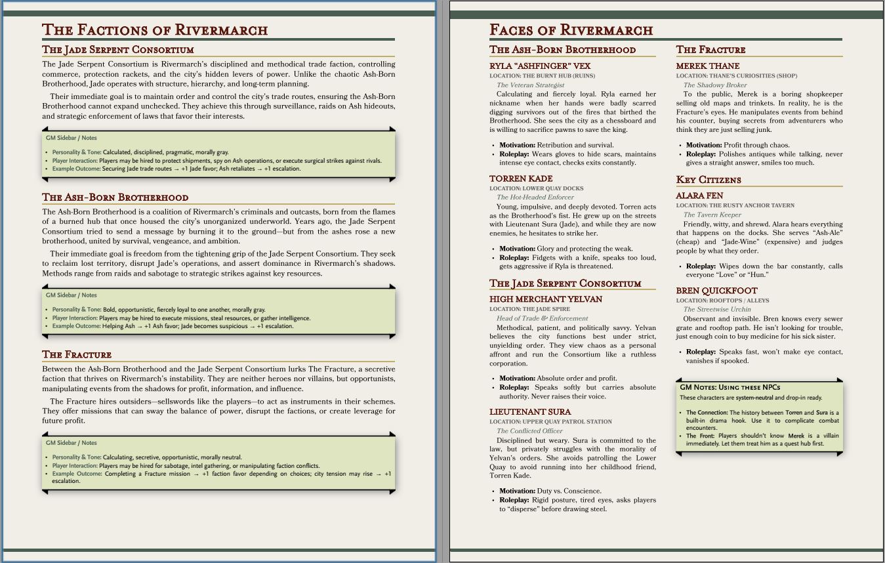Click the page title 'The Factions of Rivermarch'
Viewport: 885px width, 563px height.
(155, 30)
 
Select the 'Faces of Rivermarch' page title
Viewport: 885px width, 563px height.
(571, 30)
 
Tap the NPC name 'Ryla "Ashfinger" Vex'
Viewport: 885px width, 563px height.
(540, 66)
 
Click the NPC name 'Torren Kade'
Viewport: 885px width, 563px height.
(521, 178)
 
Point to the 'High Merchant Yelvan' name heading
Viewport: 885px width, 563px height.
(546, 299)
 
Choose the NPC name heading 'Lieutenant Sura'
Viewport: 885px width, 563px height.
(530, 412)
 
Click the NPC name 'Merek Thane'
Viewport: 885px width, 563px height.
(708, 66)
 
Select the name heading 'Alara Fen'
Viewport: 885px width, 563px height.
(699, 196)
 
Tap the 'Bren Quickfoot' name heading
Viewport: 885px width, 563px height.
(716, 291)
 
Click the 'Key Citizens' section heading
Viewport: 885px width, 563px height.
(709, 180)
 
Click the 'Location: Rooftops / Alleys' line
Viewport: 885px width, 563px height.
(714, 301)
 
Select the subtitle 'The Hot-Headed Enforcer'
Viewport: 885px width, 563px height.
(535, 197)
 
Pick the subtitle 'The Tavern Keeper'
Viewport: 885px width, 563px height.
(712, 215)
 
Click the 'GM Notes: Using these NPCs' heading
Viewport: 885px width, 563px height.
(730, 387)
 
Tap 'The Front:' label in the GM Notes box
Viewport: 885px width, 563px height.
(701, 436)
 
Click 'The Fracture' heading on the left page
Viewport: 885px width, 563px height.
(77, 355)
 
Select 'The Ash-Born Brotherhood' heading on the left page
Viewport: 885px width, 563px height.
(115, 198)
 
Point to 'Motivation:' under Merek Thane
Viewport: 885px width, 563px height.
(703, 145)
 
